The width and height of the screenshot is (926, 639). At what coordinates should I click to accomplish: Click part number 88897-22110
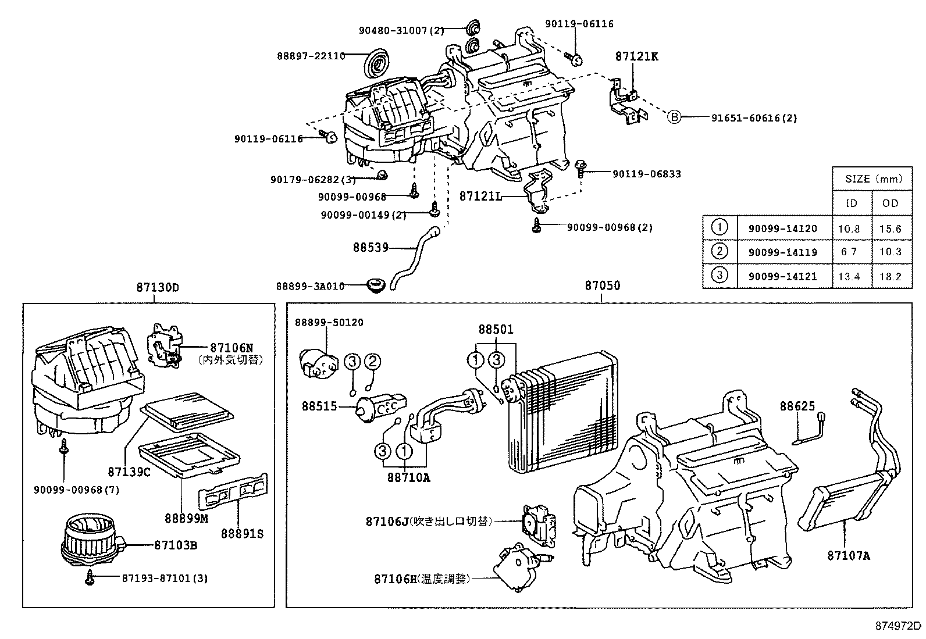[311, 56]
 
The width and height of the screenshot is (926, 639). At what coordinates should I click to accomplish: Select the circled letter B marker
[673, 117]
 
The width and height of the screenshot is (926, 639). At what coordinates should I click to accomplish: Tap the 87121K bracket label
[637, 56]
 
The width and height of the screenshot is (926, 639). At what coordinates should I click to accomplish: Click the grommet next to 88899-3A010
[376, 285]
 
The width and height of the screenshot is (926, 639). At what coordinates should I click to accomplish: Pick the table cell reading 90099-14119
[782, 252]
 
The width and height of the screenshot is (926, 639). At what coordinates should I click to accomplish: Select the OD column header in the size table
[890, 203]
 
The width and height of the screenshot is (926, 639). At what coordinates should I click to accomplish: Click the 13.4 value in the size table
[849, 277]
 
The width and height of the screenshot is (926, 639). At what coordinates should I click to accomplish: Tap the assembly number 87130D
[158, 287]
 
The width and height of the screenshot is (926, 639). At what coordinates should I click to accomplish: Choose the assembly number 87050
[602, 285]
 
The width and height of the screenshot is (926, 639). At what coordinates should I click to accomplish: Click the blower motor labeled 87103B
[90, 541]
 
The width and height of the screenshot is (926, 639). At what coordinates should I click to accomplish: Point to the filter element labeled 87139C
[189, 414]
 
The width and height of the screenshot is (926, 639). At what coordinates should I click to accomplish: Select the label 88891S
[242, 533]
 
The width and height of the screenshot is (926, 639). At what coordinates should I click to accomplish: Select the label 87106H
[396, 579]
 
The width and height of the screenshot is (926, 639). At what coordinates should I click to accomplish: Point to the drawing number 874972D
[899, 626]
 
